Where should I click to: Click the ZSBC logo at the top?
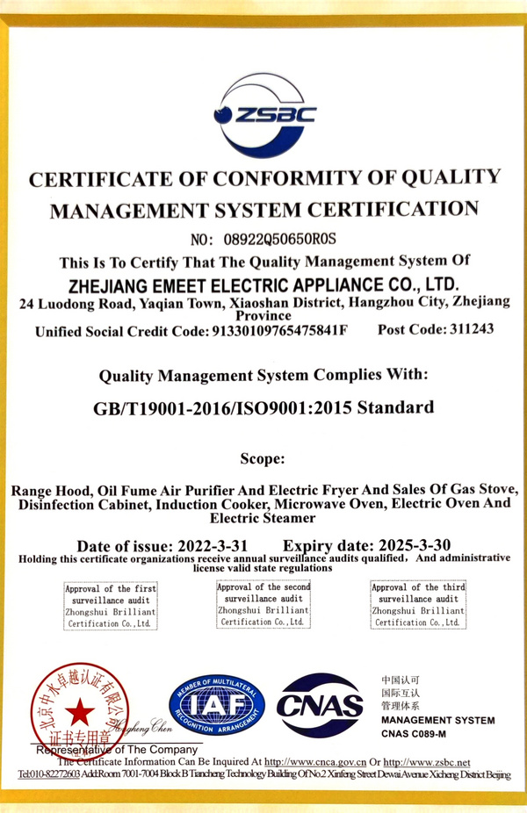tap(264, 115)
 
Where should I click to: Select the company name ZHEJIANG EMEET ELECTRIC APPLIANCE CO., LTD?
tap(263, 284)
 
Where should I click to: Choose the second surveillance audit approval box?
tap(263, 604)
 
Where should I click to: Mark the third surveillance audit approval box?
tap(418, 605)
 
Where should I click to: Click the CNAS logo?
tap(320, 706)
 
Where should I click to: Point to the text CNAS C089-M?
tap(414, 733)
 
